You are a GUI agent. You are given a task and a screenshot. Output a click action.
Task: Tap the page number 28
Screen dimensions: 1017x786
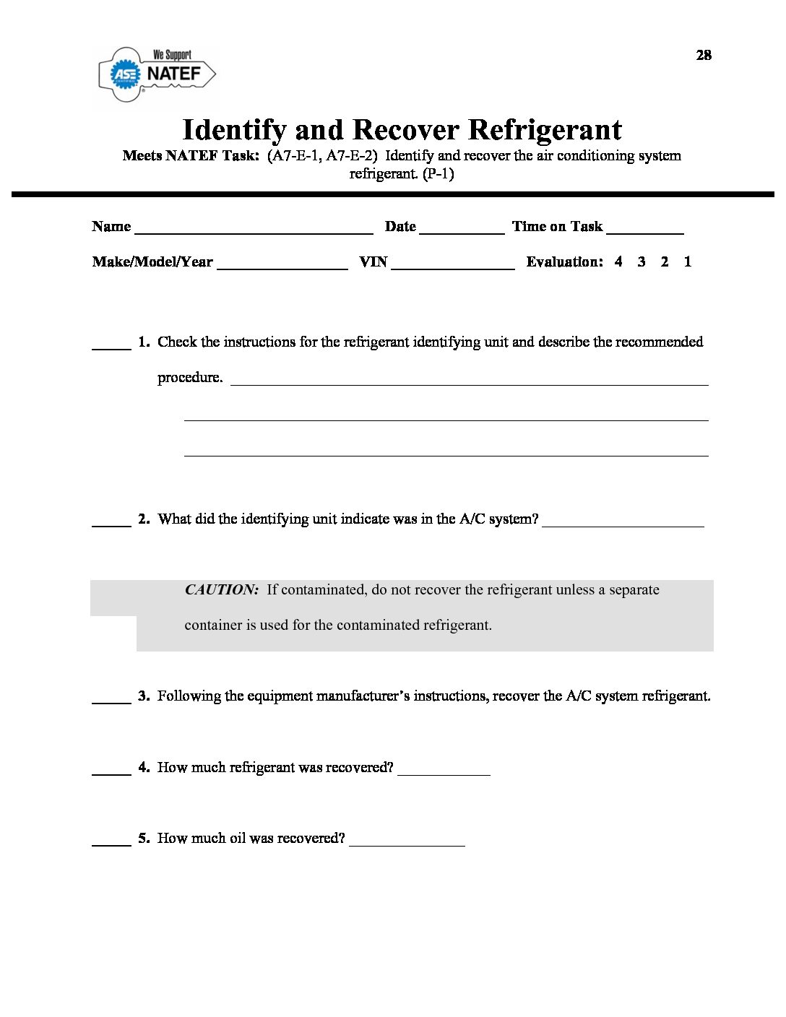click(x=704, y=55)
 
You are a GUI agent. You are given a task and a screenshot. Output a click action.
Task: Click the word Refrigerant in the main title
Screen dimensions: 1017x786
click(x=545, y=130)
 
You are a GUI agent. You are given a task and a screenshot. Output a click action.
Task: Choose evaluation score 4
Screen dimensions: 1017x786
click(x=618, y=261)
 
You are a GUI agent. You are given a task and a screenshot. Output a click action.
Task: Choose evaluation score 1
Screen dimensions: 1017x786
click(x=688, y=261)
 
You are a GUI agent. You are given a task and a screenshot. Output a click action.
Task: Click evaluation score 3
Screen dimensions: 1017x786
click(x=642, y=261)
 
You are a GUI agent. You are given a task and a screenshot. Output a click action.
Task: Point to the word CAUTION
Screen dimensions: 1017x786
click(x=222, y=589)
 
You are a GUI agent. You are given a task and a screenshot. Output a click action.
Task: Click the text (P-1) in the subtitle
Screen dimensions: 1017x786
click(x=439, y=173)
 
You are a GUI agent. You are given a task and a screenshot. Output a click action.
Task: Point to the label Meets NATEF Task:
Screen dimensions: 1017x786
click(x=191, y=155)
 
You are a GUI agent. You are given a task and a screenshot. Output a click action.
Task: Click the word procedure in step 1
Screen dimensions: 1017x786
click(x=189, y=377)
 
